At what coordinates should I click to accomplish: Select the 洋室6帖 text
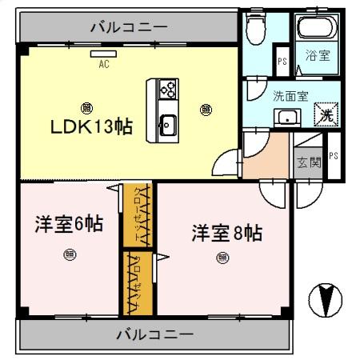coord(68,225)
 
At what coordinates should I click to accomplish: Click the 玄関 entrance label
coord(309,162)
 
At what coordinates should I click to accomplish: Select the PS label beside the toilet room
coord(281,61)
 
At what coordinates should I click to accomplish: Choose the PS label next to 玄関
coord(333,156)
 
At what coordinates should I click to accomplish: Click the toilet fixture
coord(257,30)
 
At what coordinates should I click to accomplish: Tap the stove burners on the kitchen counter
coord(168,89)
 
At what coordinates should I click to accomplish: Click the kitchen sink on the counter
coord(168,125)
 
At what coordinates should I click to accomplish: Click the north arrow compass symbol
coord(326,299)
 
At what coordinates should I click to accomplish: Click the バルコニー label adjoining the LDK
coord(129,27)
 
